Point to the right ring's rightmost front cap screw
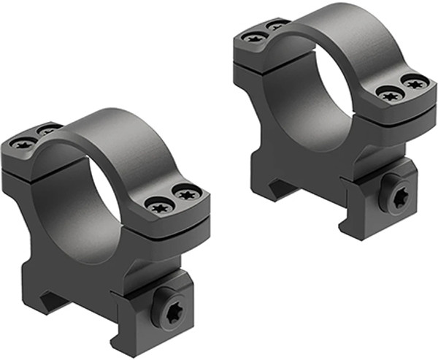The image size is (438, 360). [x=415, y=84]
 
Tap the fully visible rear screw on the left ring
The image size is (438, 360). [x=22, y=143]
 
